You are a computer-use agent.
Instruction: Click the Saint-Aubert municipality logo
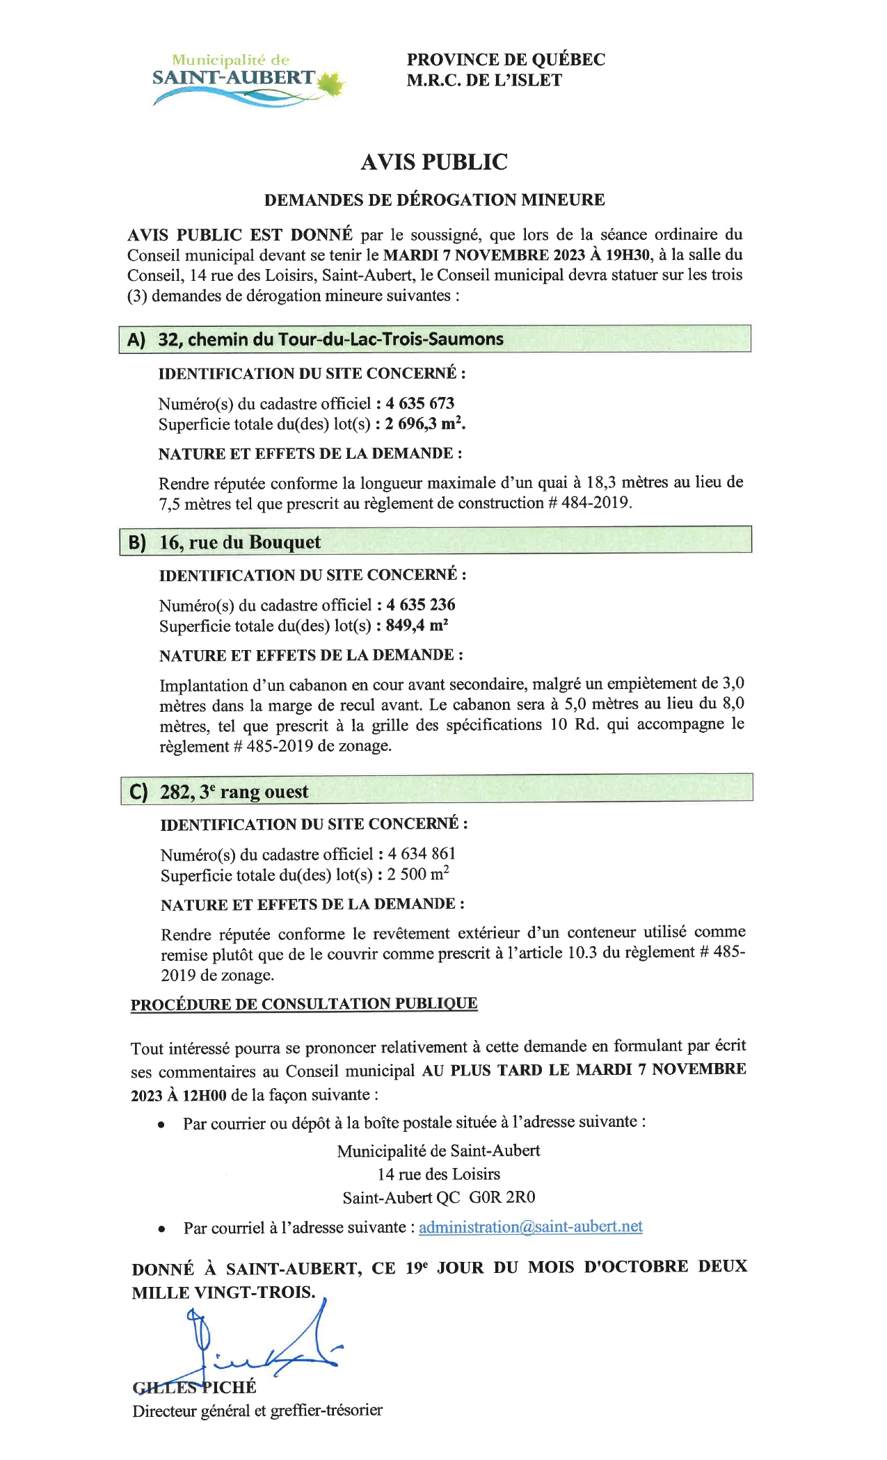pyautogui.click(x=247, y=80)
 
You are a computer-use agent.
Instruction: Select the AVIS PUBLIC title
pyautogui.click(x=434, y=162)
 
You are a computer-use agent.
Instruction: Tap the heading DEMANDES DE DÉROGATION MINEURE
pyautogui.click(x=434, y=200)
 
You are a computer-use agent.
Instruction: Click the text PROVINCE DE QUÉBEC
pyautogui.click(x=506, y=60)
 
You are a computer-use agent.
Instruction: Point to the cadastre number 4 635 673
pyautogui.click(x=420, y=403)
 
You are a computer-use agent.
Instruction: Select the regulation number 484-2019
pyautogui.click(x=595, y=503)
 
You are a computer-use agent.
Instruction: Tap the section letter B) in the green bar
pyautogui.click(x=138, y=542)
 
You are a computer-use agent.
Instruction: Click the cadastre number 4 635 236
pyautogui.click(x=421, y=605)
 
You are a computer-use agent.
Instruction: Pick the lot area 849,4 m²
pyautogui.click(x=417, y=625)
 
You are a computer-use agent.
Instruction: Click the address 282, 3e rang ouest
pyautogui.click(x=234, y=792)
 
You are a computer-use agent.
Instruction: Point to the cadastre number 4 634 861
pyautogui.click(x=422, y=854)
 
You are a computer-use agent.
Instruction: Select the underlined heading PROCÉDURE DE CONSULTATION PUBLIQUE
pyautogui.click(x=304, y=1004)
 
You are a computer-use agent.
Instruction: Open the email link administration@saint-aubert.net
pyautogui.click(x=530, y=1226)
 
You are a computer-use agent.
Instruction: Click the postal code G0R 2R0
pyautogui.click(x=502, y=1197)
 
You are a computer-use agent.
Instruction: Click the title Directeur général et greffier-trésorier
pyautogui.click(x=257, y=1410)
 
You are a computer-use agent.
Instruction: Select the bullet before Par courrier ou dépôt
pyautogui.click(x=161, y=1124)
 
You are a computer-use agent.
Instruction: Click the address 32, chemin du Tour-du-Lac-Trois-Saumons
pyautogui.click(x=330, y=339)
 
